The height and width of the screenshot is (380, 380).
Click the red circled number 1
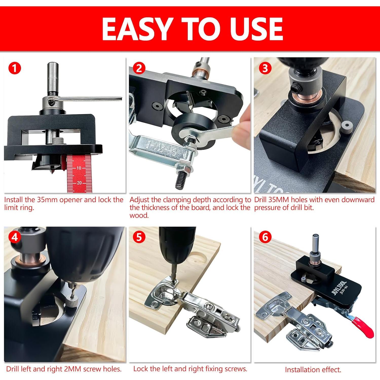pos(14,68)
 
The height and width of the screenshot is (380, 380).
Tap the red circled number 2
pos(139,68)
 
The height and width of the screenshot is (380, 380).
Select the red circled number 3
pos(265,68)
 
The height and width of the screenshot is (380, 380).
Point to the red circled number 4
pos(14,237)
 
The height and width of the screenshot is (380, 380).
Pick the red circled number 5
pos(139,237)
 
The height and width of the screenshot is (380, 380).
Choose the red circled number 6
pos(265,237)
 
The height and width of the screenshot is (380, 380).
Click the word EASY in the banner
pos(136,29)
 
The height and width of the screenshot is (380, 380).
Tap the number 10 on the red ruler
pos(79,168)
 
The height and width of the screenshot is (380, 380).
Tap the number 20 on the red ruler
pos(79,183)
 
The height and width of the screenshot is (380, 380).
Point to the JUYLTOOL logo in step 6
pos(339,287)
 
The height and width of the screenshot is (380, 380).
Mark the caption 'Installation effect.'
pos(313,370)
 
